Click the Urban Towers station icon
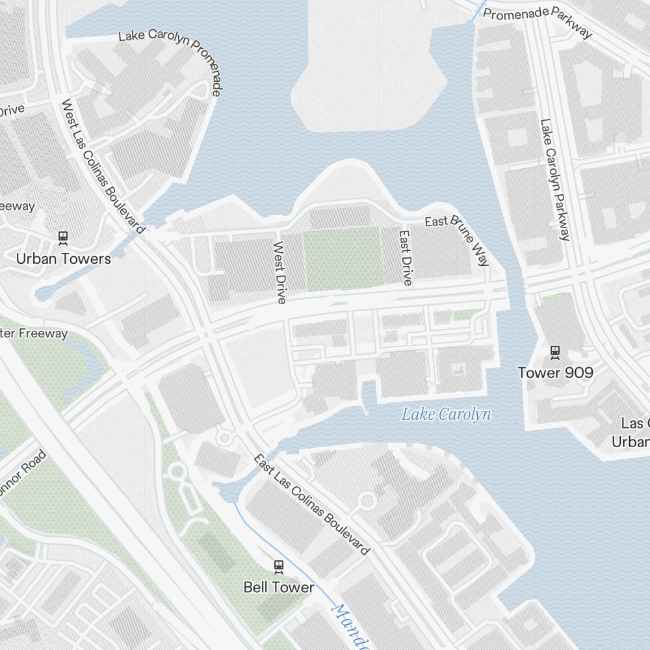click(x=63, y=238)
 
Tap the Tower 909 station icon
click(x=555, y=352)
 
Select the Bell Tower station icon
click(x=279, y=567)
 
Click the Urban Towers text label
click(x=64, y=259)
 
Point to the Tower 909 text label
click(x=555, y=372)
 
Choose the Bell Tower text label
click(x=278, y=588)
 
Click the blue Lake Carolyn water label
click(x=446, y=414)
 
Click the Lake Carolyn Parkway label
click(x=555, y=179)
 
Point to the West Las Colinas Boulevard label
click(x=102, y=166)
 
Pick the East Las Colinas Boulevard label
click(x=311, y=505)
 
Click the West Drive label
click(x=279, y=272)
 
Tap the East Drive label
click(x=406, y=257)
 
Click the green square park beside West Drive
click(x=343, y=258)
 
